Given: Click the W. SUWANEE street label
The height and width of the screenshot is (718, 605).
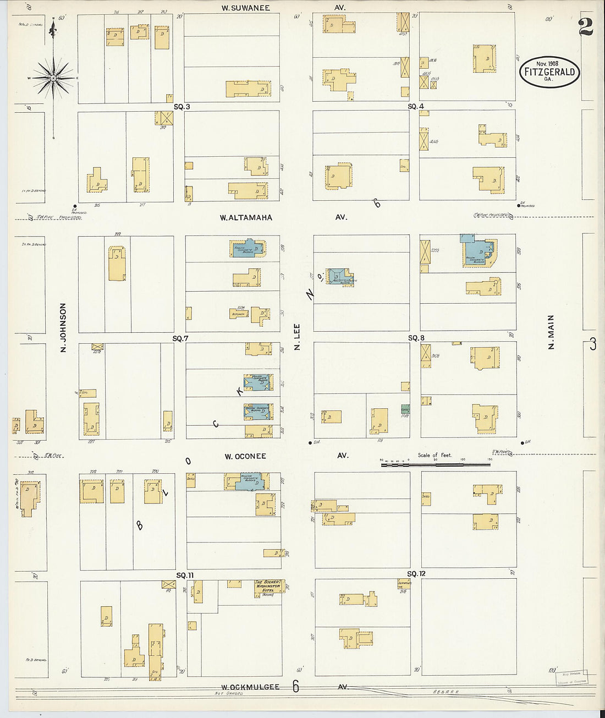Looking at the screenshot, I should coord(245,8).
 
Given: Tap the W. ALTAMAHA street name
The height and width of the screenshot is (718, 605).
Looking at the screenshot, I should coord(246,218).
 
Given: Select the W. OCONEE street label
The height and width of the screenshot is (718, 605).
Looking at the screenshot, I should coord(245,457).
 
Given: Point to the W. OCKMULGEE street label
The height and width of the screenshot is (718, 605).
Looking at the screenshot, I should coord(250,687).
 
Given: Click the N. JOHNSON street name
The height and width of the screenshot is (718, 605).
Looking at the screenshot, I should coord(63,327).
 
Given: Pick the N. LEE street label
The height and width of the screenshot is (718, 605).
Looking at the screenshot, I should coord(296,337).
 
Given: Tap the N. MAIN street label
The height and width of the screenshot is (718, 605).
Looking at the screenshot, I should coord(551,332).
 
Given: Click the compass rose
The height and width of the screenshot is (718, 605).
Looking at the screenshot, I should coord(53,78).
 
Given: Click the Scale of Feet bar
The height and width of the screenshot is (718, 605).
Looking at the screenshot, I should coord(435,465).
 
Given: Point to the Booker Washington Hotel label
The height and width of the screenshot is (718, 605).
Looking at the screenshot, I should coord(268,587).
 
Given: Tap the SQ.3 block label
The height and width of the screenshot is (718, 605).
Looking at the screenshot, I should coord(182,107).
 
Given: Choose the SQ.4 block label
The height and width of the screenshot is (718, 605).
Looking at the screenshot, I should coord(416,106).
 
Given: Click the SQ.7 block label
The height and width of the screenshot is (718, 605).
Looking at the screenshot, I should coord(181,338).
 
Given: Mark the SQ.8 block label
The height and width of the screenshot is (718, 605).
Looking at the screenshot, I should coord(416,338).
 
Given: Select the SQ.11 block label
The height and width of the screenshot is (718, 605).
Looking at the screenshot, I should coord(185,576).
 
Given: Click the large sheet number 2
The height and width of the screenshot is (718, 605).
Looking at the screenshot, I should coord(586,26).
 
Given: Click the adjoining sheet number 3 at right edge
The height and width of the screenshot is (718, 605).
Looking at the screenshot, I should coord(592,344).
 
